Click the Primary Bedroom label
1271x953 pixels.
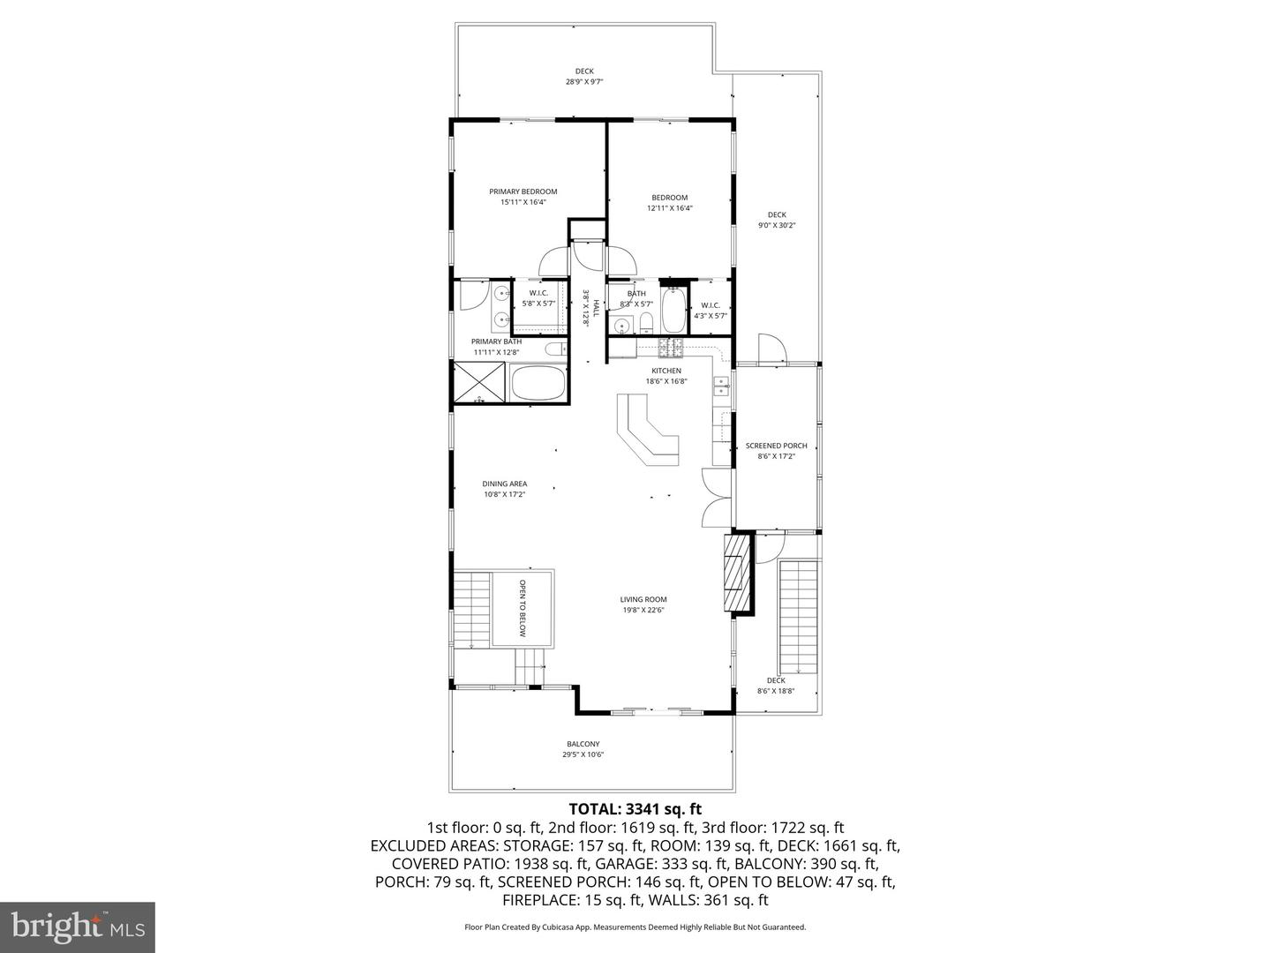[x=523, y=191]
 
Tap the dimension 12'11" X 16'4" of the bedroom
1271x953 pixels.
[x=669, y=209]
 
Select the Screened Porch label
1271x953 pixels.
[x=776, y=446]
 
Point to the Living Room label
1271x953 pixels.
[x=643, y=599]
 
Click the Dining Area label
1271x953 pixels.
[x=505, y=484]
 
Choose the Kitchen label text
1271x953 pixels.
[x=666, y=371]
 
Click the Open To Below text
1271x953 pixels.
[x=522, y=608]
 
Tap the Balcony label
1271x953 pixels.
[x=583, y=744]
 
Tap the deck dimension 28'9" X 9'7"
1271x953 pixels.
[x=584, y=82]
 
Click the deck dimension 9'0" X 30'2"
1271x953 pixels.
[x=776, y=225]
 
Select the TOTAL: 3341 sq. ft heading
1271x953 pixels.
[x=635, y=808]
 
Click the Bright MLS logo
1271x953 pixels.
[x=78, y=927]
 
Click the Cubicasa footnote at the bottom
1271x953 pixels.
[x=635, y=927]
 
